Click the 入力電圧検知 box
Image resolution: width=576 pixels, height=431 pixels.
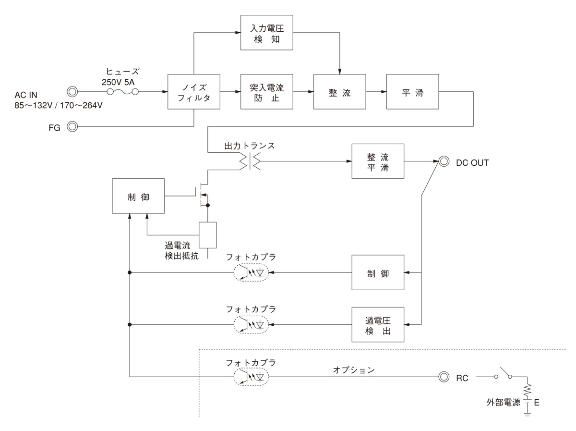[x=266, y=33]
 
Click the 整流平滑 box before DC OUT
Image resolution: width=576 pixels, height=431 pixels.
[x=378, y=161]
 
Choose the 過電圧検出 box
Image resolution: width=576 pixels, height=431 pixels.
[x=378, y=324]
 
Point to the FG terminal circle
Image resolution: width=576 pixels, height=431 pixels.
[x=72, y=127]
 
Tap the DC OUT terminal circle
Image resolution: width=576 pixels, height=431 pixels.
[x=444, y=162]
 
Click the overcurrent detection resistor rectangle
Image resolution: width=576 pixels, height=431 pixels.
[x=208, y=234]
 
